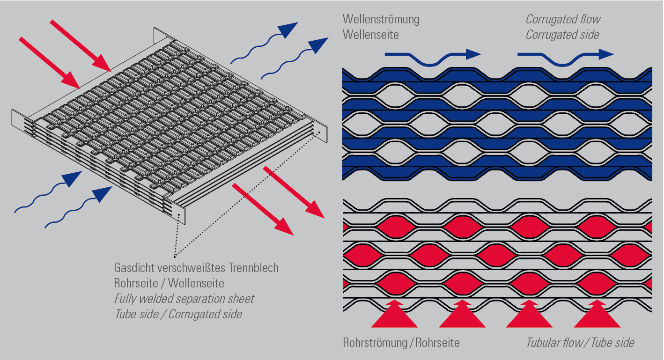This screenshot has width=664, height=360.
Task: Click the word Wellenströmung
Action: pyautogui.click(x=381, y=19)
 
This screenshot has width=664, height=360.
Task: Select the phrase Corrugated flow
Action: pyautogui.click(x=562, y=19)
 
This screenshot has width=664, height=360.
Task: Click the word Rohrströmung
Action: pyautogui.click(x=375, y=343)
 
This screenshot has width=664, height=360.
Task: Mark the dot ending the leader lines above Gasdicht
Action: pyautogui.click(x=174, y=256)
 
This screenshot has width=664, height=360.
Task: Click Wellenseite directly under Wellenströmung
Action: pyautogui.click(x=370, y=35)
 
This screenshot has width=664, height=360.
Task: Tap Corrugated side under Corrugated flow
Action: pyautogui.click(x=562, y=35)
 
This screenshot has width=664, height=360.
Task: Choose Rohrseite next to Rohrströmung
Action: pyautogui.click(x=438, y=343)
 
